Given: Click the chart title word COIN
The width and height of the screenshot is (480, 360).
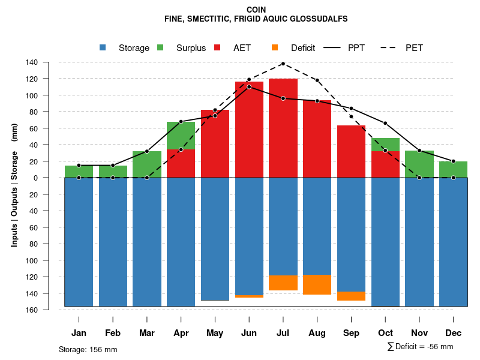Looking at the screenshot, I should point(256,10).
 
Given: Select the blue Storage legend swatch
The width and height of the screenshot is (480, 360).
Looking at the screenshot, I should point(103,47).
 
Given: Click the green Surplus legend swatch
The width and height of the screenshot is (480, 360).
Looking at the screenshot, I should point(160,47).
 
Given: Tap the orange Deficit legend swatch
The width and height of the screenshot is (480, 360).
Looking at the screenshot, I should point(275,47).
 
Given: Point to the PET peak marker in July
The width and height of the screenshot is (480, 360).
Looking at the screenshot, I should point(283,64).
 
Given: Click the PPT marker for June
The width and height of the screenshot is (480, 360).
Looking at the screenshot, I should point(249,86).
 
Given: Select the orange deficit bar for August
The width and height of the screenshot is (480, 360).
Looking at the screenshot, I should point(317,284).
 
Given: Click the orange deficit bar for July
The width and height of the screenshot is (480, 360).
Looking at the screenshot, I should point(283,283).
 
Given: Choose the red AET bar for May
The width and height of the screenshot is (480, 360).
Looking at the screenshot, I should point(215,144).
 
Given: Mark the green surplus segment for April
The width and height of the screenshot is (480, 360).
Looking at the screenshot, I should point(181,136).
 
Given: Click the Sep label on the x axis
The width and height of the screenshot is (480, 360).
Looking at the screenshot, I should point(352,333).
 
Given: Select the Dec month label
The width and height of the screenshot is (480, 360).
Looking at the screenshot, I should point(454,333).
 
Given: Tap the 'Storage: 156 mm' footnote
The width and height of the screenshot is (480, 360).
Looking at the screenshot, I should point(88,349).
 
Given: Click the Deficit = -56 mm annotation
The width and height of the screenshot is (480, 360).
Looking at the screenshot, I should point(420,346).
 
